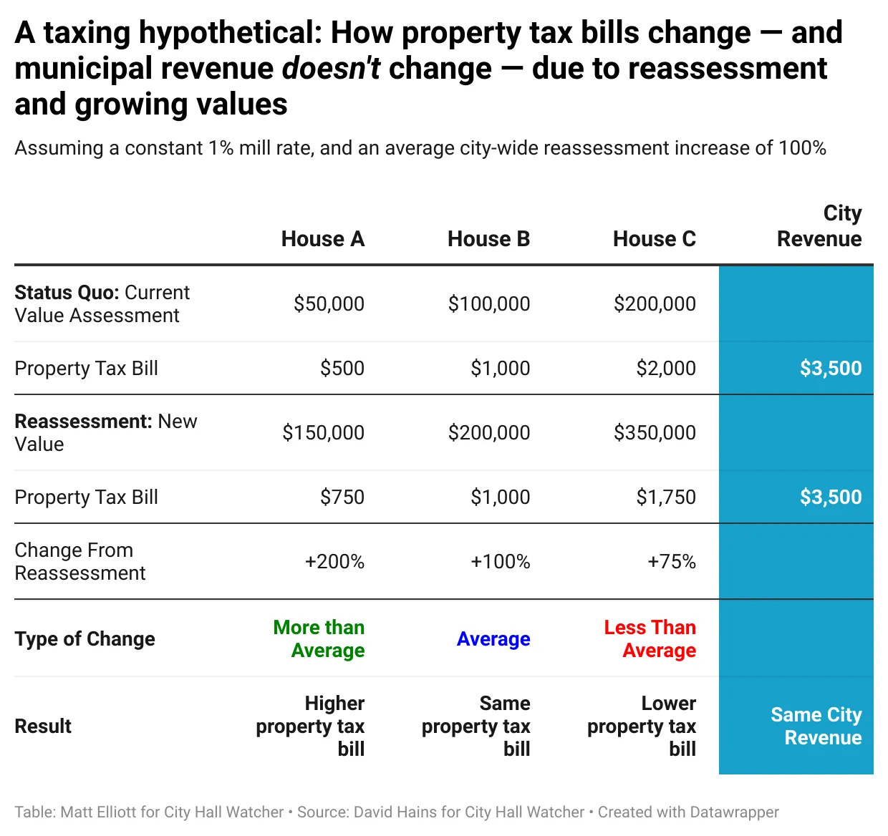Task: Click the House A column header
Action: coord(322,239)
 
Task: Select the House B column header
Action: coord(488,239)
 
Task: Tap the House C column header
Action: coord(654,239)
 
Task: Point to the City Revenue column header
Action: coord(819,226)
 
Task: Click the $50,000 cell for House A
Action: coord(329,304)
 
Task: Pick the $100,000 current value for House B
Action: coord(488,304)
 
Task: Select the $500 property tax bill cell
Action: coord(342,369)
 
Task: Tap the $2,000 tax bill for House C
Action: coord(665,369)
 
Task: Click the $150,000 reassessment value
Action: coord(323,433)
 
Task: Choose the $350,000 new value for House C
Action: coord(654,433)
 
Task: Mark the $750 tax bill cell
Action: coord(342,497)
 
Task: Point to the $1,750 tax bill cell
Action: coord(665,497)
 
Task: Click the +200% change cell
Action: coord(334,562)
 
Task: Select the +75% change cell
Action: coord(671,562)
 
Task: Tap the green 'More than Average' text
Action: coord(319,639)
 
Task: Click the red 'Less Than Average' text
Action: coord(650,639)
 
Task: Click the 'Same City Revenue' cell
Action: coord(816,726)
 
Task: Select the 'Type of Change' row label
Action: coord(85,639)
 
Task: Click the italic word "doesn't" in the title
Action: coord(331,69)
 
